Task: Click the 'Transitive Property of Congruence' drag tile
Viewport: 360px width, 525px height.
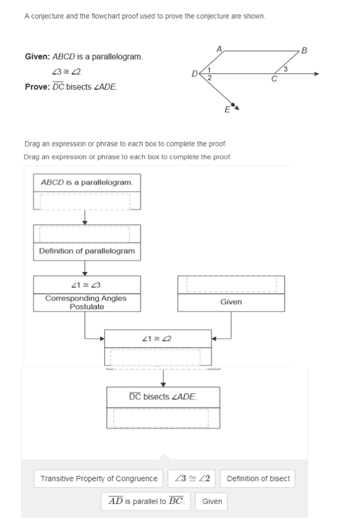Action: pyautogui.click(x=99, y=478)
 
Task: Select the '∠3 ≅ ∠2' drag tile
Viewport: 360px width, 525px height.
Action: pyautogui.click(x=192, y=478)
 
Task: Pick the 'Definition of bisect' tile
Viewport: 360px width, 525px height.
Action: pyautogui.click(x=258, y=478)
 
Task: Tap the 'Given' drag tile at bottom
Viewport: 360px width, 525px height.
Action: pyautogui.click(x=212, y=501)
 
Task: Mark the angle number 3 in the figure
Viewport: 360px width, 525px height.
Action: pyautogui.click(x=285, y=70)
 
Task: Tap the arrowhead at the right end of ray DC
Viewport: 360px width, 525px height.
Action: pyautogui.click(x=316, y=74)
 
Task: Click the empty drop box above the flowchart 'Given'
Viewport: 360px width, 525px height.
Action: pyautogui.click(x=231, y=284)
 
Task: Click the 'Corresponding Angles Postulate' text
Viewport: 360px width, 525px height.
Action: pyautogui.click(x=86, y=302)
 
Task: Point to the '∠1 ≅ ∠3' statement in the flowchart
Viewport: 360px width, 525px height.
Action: pyautogui.click(x=86, y=284)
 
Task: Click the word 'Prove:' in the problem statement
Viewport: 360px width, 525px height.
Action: pyautogui.click(x=36, y=87)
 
